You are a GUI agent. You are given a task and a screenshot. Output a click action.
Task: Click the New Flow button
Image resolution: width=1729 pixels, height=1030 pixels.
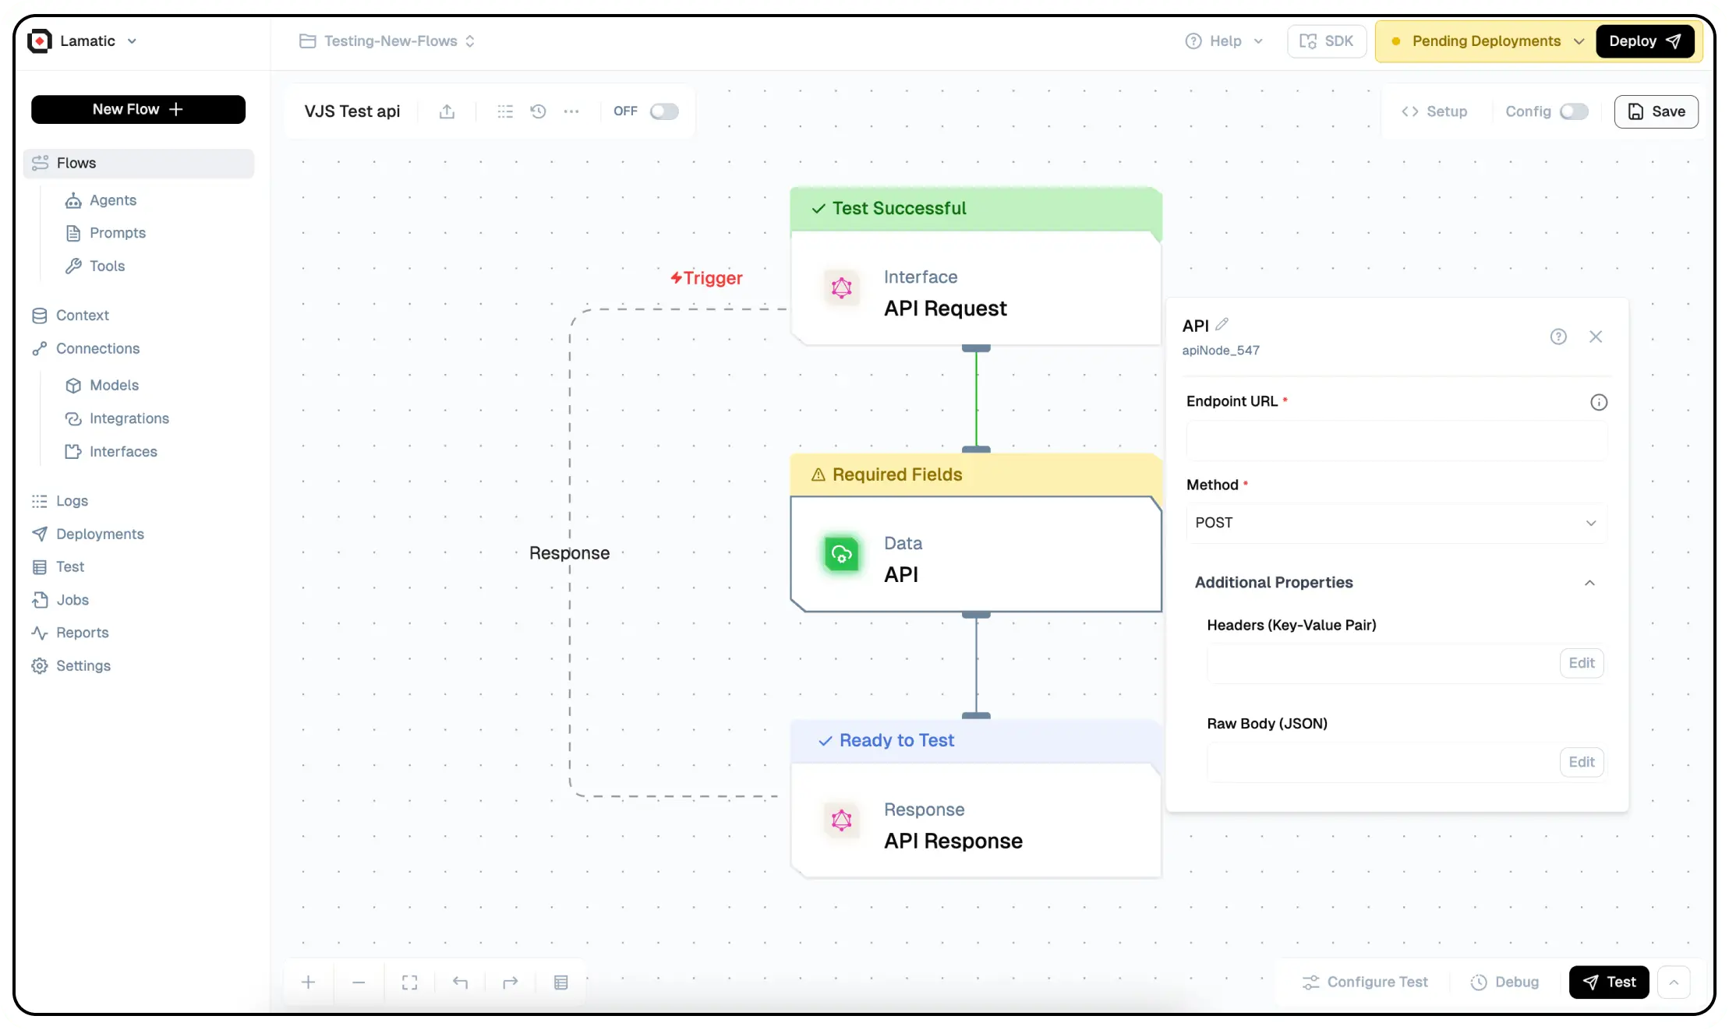pyautogui.click(x=138, y=110)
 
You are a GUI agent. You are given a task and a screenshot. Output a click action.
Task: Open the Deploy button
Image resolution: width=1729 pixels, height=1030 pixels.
pyautogui.click(x=1644, y=41)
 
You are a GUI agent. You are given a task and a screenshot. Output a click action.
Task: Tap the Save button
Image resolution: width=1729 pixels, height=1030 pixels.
pyautogui.click(x=1656, y=111)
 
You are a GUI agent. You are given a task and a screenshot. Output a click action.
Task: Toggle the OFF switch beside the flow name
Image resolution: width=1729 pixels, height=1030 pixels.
pyautogui.click(x=664, y=111)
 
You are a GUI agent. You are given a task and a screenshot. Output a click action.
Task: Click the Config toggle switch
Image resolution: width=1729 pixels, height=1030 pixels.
pyautogui.click(x=1573, y=111)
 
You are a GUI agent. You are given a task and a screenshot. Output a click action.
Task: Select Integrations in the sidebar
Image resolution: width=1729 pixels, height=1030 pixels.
pyautogui.click(x=129, y=418)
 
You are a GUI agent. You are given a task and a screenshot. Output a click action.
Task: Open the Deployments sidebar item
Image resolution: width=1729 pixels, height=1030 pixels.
pyautogui.click(x=100, y=534)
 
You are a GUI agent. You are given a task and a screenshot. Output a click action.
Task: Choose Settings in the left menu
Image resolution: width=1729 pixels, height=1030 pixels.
pyautogui.click(x=83, y=665)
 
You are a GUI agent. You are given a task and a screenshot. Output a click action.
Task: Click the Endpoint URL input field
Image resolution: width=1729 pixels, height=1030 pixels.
pyautogui.click(x=1395, y=441)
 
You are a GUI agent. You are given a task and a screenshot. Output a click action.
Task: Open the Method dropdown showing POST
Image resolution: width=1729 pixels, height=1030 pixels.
pyautogui.click(x=1395, y=523)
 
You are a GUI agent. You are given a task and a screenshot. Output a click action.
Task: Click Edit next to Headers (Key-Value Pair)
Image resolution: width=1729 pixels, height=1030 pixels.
pyautogui.click(x=1581, y=663)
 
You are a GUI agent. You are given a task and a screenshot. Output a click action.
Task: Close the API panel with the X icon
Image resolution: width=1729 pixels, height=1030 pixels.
pyautogui.click(x=1595, y=337)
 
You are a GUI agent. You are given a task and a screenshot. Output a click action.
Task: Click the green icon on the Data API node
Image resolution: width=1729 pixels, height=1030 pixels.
pyautogui.click(x=841, y=555)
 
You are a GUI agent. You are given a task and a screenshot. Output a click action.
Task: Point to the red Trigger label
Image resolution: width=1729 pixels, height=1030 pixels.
pyautogui.click(x=707, y=278)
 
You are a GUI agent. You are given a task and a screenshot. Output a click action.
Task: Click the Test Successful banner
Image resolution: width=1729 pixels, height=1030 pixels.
pyautogui.click(x=975, y=209)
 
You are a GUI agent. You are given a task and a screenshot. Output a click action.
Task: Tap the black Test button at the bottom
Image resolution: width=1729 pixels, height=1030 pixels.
pyautogui.click(x=1608, y=982)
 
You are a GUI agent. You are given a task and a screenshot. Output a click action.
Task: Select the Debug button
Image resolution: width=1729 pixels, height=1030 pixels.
pyautogui.click(x=1504, y=982)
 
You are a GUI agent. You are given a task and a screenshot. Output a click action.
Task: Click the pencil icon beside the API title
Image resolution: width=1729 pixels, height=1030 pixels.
pyautogui.click(x=1222, y=324)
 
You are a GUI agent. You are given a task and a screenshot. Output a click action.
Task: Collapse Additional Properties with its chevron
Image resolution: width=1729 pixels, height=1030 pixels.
pyautogui.click(x=1589, y=583)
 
